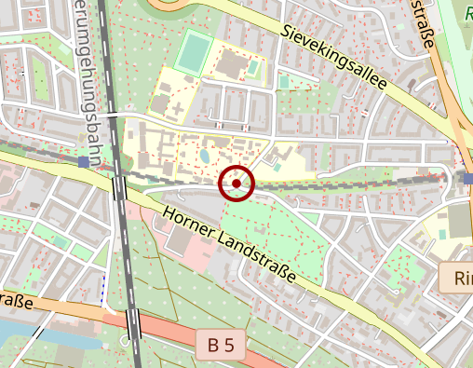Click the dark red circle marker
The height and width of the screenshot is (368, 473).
tap(236, 184)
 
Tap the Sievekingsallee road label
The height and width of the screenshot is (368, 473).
tap(332, 59)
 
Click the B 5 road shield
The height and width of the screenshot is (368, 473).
tap(222, 346)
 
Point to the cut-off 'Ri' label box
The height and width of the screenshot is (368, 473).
tap(456, 278)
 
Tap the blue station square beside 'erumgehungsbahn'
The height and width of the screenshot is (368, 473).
tap(84, 162)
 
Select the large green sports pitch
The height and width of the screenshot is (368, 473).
tap(193, 53)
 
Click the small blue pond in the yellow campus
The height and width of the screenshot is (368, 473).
tap(204, 157)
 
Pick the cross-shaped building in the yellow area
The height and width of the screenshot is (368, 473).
tap(176, 109)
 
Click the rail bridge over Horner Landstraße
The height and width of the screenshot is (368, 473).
tap(119, 187)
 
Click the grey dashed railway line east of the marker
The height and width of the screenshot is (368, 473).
tap(354, 184)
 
